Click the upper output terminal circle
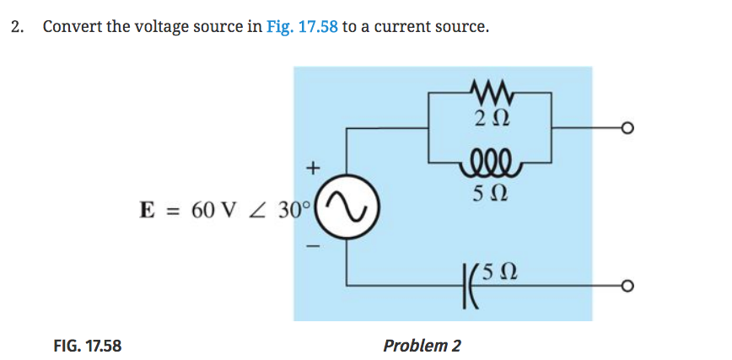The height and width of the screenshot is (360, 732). tap(626, 128)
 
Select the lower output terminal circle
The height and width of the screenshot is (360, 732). tap(626, 287)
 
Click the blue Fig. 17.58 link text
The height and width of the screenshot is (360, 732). tap(301, 26)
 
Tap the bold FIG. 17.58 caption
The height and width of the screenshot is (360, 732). tap(87, 345)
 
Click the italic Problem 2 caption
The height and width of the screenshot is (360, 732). tap(422, 345)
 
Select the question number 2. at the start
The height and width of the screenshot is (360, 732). tap(18, 26)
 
